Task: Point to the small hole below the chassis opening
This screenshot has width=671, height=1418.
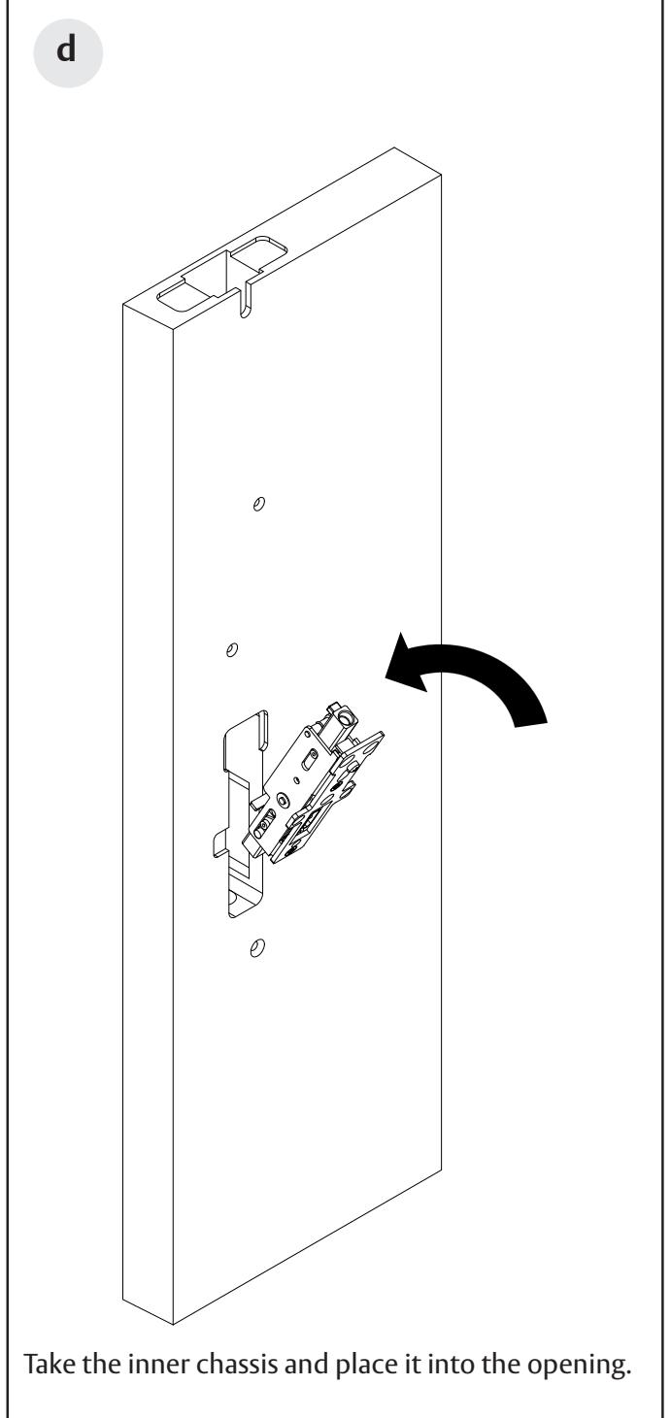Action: click(256, 946)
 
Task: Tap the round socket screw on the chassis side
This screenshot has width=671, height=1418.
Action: click(281, 800)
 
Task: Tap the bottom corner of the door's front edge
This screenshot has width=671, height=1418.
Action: click(172, 1325)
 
